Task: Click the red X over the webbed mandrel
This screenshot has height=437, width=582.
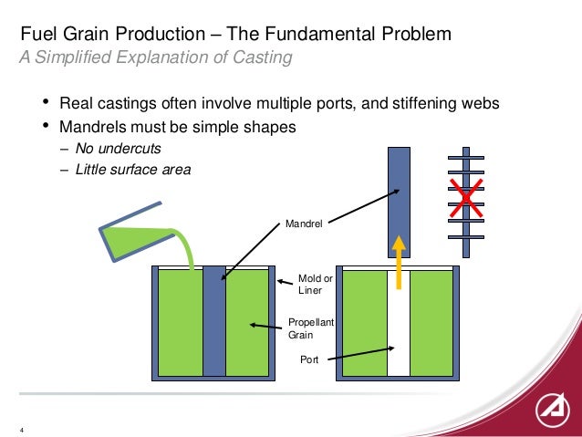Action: point(466,197)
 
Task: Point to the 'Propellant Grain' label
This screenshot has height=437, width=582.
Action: point(312,328)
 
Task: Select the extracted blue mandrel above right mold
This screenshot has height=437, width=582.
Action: point(399,196)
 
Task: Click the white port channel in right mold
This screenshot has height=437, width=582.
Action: point(399,328)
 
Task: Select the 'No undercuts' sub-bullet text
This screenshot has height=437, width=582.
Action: point(117,148)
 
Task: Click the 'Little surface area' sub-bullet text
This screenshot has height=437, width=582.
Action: point(133,169)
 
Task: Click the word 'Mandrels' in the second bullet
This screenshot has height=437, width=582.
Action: point(93,127)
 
